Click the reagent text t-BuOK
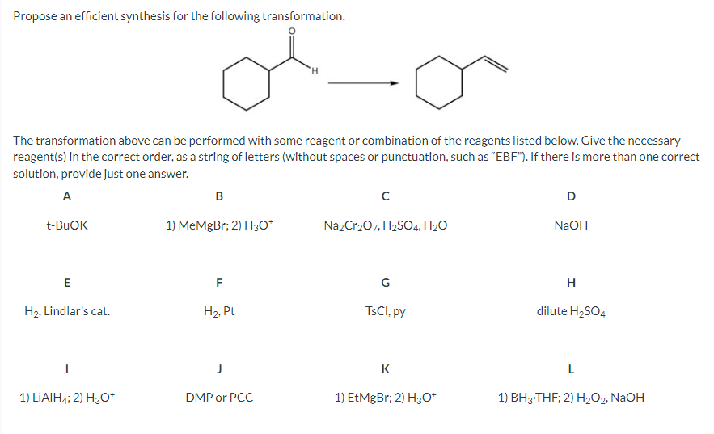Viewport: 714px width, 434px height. point(67,225)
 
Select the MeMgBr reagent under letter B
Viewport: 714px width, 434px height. point(219,225)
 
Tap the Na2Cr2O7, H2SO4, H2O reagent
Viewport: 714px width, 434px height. point(384,225)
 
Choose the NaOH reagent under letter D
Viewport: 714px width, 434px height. point(571,225)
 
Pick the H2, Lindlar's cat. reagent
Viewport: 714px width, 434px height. point(67,310)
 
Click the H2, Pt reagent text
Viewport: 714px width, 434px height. point(219,310)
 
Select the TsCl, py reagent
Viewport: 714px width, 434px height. point(385,310)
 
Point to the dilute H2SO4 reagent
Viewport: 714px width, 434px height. point(571,310)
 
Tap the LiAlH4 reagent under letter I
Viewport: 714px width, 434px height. point(67,397)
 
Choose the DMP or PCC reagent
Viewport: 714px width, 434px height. point(219,397)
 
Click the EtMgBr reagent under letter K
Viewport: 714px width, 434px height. point(385,397)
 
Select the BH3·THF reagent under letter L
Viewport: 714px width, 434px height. point(571,397)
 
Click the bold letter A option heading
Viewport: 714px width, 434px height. point(66,194)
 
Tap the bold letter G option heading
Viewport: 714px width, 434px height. point(385,282)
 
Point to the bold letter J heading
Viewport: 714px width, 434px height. point(219,369)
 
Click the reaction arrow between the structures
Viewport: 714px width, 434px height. point(367,82)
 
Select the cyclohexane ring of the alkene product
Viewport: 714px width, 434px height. point(438,82)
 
